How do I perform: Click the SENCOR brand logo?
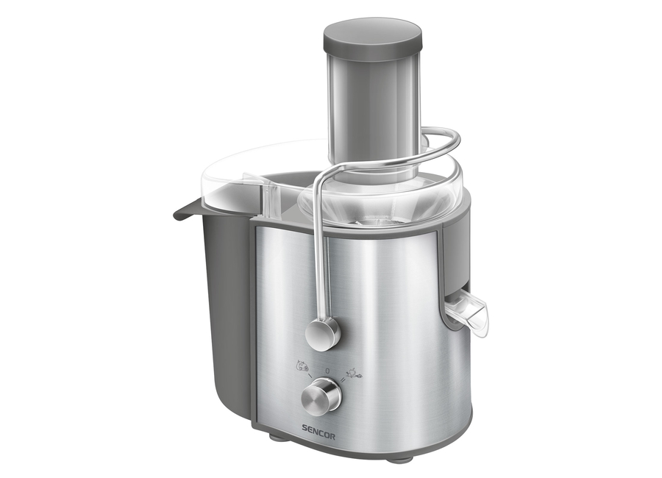tap(318, 436)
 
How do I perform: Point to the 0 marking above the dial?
tap(327, 371)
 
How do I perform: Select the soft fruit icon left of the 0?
tap(302, 365)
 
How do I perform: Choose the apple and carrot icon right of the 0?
tap(354, 373)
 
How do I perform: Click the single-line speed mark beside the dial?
tap(310, 375)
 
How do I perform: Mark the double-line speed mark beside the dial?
tap(344, 380)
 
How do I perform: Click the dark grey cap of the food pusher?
tap(372, 41)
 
